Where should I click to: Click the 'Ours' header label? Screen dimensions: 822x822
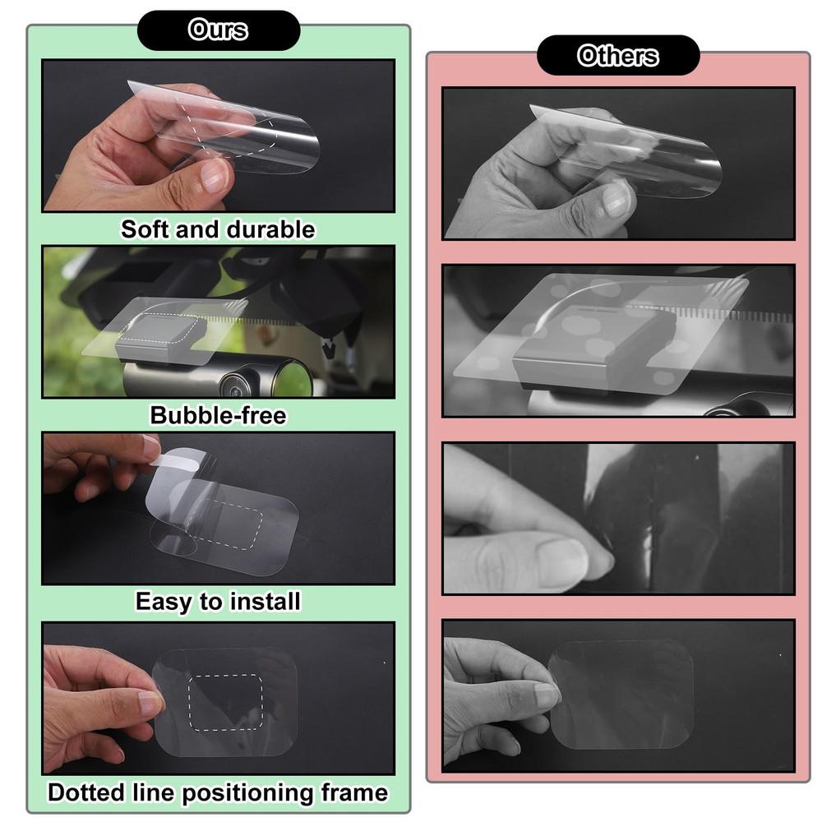pos(218,30)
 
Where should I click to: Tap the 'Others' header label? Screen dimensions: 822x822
pos(617,56)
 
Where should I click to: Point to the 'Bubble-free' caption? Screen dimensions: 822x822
pos(218,415)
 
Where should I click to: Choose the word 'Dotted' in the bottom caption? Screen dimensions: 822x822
pos(86,792)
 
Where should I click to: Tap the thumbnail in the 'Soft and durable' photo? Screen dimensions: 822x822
pos(214,175)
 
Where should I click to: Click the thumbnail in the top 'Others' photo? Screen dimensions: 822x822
pos(616,199)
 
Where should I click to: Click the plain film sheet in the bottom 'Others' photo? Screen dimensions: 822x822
pos(621,695)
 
